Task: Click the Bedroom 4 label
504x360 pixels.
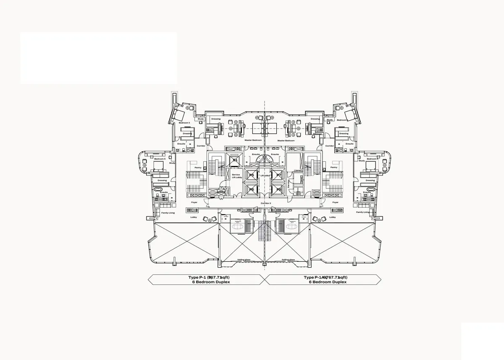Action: [x=184, y=123]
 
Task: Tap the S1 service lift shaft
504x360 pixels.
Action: [x=235, y=160]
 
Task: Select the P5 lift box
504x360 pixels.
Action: [x=252, y=175]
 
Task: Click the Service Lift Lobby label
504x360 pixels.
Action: [x=236, y=176]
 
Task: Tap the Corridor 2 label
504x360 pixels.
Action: [x=265, y=203]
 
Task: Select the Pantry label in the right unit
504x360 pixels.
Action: [x=334, y=167]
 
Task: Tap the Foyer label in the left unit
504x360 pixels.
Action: [x=194, y=202]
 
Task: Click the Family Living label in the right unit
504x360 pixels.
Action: [x=362, y=213]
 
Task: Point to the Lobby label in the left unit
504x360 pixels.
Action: [x=194, y=217]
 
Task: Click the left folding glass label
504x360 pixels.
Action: [x=244, y=260]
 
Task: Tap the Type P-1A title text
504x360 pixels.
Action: [x=325, y=278]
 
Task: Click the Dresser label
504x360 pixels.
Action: [x=317, y=134]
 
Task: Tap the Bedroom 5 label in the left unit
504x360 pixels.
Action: [x=160, y=159]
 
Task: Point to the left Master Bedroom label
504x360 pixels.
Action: [x=253, y=140]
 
